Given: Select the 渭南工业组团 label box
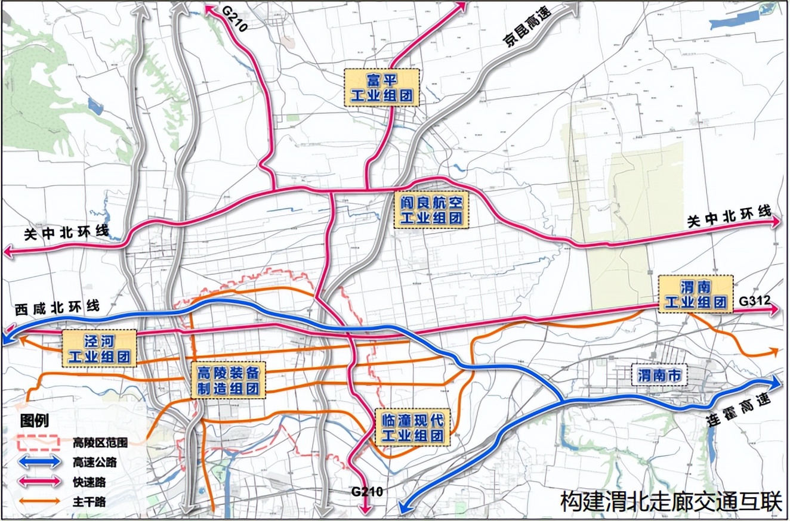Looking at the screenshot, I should (x=695, y=294).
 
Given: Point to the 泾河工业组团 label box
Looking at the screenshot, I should (x=100, y=349).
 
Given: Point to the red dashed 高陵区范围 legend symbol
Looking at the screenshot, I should (x=39, y=442).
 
